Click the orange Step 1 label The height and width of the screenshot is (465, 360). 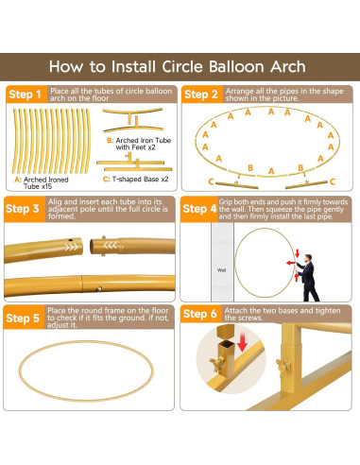tap(26, 95)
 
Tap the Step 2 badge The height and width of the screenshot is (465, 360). tap(201, 95)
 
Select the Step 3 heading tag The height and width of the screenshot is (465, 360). tap(26, 209)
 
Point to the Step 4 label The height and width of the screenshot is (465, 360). tap(201, 209)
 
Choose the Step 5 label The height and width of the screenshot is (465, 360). tap(26, 319)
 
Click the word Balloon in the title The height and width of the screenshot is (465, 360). tap(228, 66)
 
